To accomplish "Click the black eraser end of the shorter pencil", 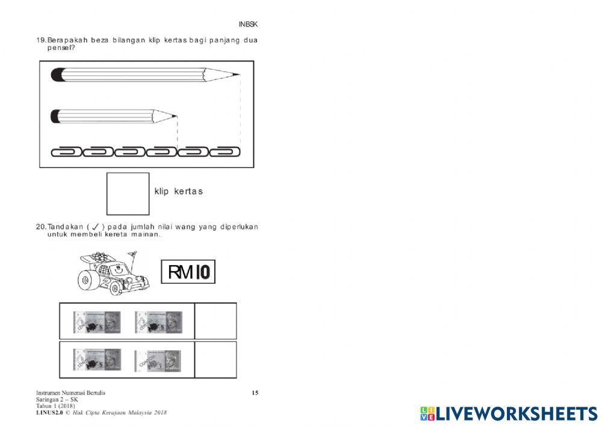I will click(x=55, y=115).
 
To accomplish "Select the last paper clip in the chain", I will click(x=226, y=151).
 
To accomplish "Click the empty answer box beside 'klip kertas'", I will click(x=128, y=193).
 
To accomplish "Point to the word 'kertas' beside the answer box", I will click(x=188, y=192).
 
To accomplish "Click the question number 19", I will click(x=41, y=40).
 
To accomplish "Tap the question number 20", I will click(x=41, y=227).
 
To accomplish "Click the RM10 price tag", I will click(x=188, y=272).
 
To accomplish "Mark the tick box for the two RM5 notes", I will click(x=215, y=321).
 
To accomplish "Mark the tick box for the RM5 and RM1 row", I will click(x=215, y=360).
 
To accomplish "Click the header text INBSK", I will click(x=249, y=24).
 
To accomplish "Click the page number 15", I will click(x=255, y=393).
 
